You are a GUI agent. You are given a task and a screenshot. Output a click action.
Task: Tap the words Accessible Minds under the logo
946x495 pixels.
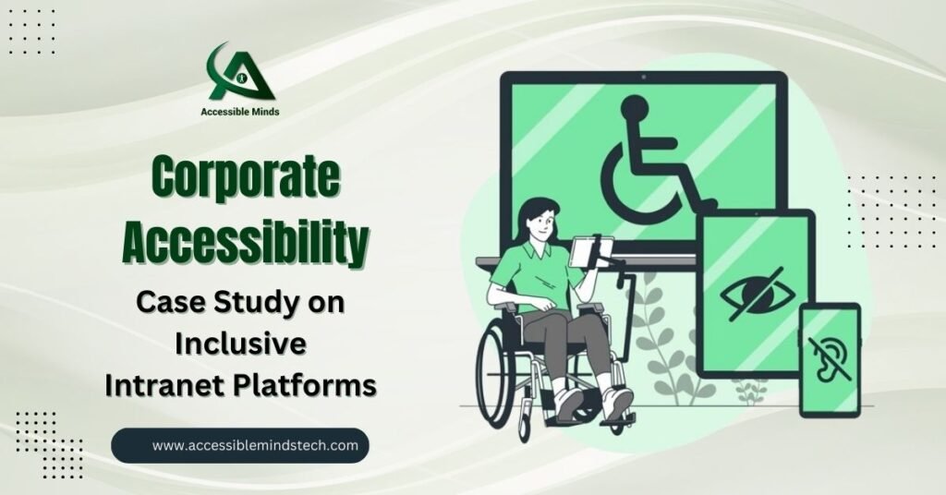[x=240, y=112]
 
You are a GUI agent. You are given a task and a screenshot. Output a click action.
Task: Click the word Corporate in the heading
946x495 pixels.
[x=245, y=177]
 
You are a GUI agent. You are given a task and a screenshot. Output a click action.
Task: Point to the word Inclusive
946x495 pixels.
[x=241, y=344]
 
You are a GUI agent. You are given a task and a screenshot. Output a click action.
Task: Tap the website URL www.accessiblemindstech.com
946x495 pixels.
[x=255, y=445]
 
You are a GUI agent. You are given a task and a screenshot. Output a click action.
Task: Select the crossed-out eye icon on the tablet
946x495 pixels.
[x=758, y=295]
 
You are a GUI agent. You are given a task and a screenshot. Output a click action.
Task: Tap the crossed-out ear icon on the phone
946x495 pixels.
[x=830, y=358]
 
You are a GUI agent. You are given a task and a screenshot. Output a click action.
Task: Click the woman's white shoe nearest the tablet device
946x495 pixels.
[x=616, y=402]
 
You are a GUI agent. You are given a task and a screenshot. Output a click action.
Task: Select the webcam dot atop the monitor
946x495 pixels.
[x=644, y=78]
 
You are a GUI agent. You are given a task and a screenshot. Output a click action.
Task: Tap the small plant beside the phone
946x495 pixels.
[x=750, y=392]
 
